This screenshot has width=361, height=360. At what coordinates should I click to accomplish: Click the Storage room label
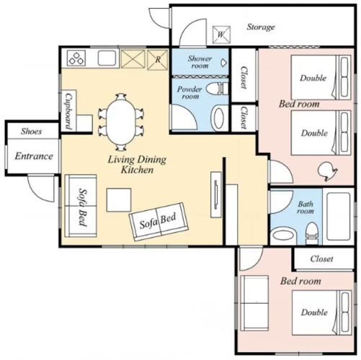click(261, 27)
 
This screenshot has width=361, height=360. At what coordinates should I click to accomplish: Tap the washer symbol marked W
click(221, 35)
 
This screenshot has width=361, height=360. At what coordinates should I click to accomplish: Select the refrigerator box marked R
click(157, 60)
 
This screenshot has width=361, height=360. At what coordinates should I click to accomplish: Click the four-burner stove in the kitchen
click(76, 58)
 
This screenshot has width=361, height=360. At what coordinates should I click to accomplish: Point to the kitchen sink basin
click(108, 58)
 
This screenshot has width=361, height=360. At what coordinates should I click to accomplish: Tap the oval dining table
click(121, 122)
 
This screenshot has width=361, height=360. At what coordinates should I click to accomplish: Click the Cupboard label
click(68, 111)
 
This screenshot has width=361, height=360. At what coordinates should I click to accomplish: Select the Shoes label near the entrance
click(31, 131)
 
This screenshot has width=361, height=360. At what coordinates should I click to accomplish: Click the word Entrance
click(34, 156)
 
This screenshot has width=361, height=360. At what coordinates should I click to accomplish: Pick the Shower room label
click(200, 62)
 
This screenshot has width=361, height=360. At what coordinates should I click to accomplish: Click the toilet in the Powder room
click(217, 88)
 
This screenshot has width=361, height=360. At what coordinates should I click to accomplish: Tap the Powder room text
click(190, 93)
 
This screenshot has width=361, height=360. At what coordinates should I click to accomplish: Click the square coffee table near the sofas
click(119, 200)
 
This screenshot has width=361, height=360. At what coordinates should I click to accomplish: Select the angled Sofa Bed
click(159, 222)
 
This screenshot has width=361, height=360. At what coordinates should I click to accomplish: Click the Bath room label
click(306, 207)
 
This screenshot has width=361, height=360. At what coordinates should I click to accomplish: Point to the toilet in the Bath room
click(311, 233)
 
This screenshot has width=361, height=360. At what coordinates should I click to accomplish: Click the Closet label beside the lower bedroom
click(321, 258)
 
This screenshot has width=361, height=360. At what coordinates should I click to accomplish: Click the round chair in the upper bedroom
click(326, 171)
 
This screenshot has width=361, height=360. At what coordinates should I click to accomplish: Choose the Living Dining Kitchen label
click(137, 165)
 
